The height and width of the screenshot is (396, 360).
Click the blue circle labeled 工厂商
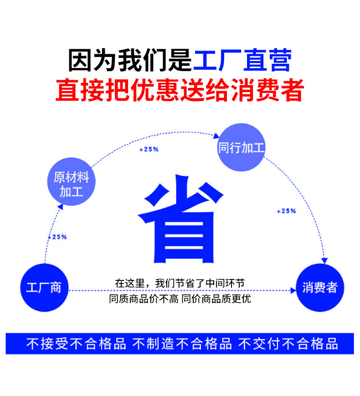(x=44, y=287)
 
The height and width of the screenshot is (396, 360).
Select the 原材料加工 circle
(x=72, y=183)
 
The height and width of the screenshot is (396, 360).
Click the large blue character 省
(x=181, y=222)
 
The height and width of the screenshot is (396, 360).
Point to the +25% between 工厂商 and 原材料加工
(x=57, y=237)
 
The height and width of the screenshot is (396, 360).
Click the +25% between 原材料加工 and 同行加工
(x=149, y=149)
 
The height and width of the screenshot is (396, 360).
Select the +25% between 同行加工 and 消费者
(x=286, y=211)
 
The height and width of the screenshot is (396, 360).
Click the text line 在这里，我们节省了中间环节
(x=180, y=283)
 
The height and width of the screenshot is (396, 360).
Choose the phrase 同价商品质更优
(x=216, y=299)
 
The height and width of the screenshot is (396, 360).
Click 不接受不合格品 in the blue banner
(x=76, y=344)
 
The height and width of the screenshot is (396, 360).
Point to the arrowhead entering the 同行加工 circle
(x=217, y=135)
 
